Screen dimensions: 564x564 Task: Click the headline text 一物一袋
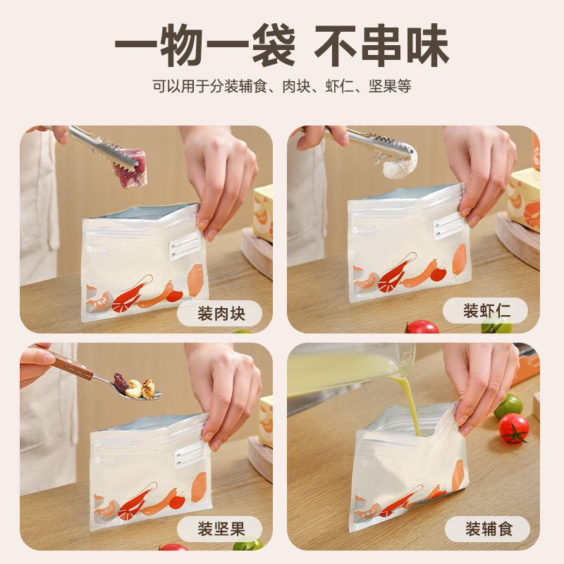(205, 45)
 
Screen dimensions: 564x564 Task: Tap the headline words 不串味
(381, 45)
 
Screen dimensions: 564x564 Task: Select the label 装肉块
(221, 314)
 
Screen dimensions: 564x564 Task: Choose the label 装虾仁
(486, 311)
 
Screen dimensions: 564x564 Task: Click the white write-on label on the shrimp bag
(448, 226)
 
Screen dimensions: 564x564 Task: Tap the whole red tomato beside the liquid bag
(514, 427)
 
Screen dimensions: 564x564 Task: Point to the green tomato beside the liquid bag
(508, 406)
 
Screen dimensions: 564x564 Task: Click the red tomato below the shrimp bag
(422, 326)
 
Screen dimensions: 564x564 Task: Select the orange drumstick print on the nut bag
(199, 487)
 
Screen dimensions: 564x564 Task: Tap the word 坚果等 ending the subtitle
(390, 86)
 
